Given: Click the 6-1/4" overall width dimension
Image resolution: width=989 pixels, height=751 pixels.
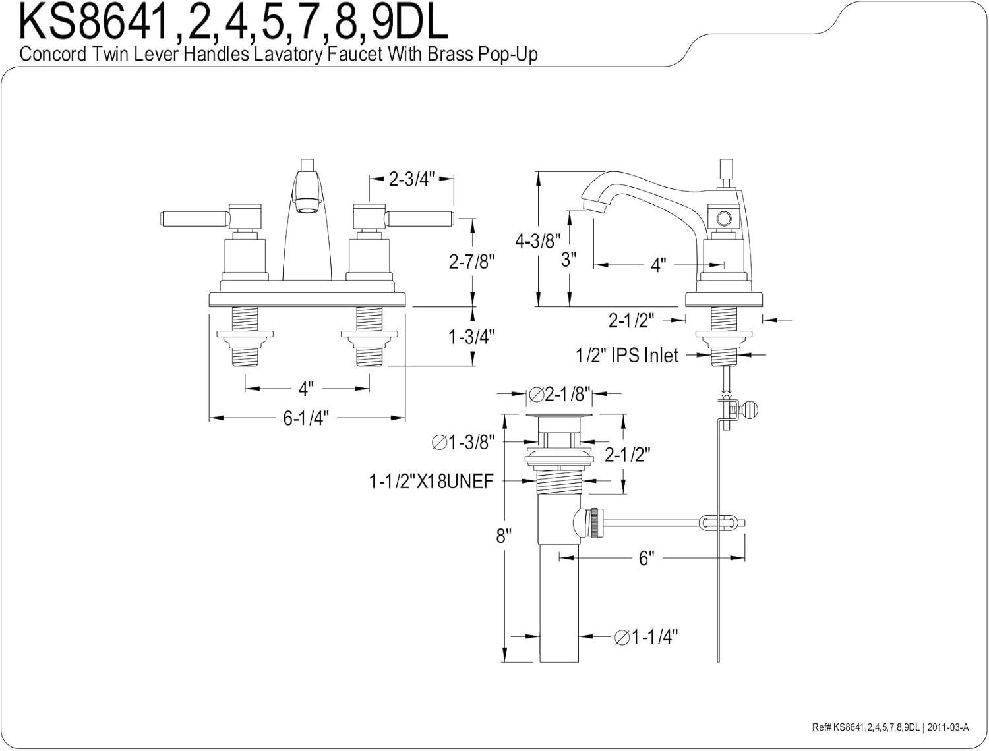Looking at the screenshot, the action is pyautogui.click(x=306, y=418).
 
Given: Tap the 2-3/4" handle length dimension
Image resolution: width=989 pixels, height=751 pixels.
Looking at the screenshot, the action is pyautogui.click(x=411, y=179).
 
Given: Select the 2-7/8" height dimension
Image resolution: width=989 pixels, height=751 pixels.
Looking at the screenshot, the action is pyautogui.click(x=471, y=262).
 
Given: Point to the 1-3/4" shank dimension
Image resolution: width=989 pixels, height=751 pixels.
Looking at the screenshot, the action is pyautogui.click(x=471, y=337).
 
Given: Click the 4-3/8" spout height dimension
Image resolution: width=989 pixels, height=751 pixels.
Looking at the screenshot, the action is pyautogui.click(x=538, y=240).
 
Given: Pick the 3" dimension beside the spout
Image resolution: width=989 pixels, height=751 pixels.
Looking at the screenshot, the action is pyautogui.click(x=568, y=260).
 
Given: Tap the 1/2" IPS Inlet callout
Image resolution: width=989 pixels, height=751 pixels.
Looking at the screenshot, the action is pyautogui.click(x=627, y=356).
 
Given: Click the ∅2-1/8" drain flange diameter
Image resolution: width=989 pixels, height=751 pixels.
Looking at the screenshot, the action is pyautogui.click(x=559, y=394).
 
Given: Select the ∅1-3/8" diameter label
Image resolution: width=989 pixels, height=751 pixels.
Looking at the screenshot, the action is pyautogui.click(x=463, y=443).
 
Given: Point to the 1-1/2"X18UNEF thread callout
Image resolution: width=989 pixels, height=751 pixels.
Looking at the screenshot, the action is pyautogui.click(x=431, y=482).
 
